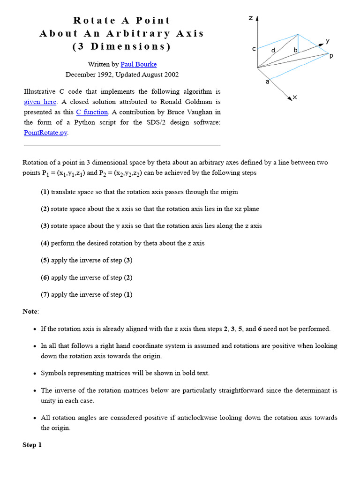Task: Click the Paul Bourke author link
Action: (138, 64)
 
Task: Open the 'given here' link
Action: (40, 102)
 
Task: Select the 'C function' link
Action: (92, 112)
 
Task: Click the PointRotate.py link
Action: (45, 133)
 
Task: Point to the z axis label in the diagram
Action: (251, 18)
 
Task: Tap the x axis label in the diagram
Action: (294, 97)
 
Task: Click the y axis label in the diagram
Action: (328, 41)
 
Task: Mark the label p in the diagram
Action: (331, 56)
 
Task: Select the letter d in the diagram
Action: (273, 50)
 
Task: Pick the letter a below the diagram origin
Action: (267, 82)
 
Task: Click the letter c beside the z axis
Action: (254, 49)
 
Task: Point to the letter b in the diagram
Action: (295, 50)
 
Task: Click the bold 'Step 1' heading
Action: (32, 445)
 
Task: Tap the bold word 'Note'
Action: (30, 312)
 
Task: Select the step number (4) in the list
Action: (45, 243)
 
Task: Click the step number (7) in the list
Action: (45, 295)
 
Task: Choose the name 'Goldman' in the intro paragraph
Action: (207, 102)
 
